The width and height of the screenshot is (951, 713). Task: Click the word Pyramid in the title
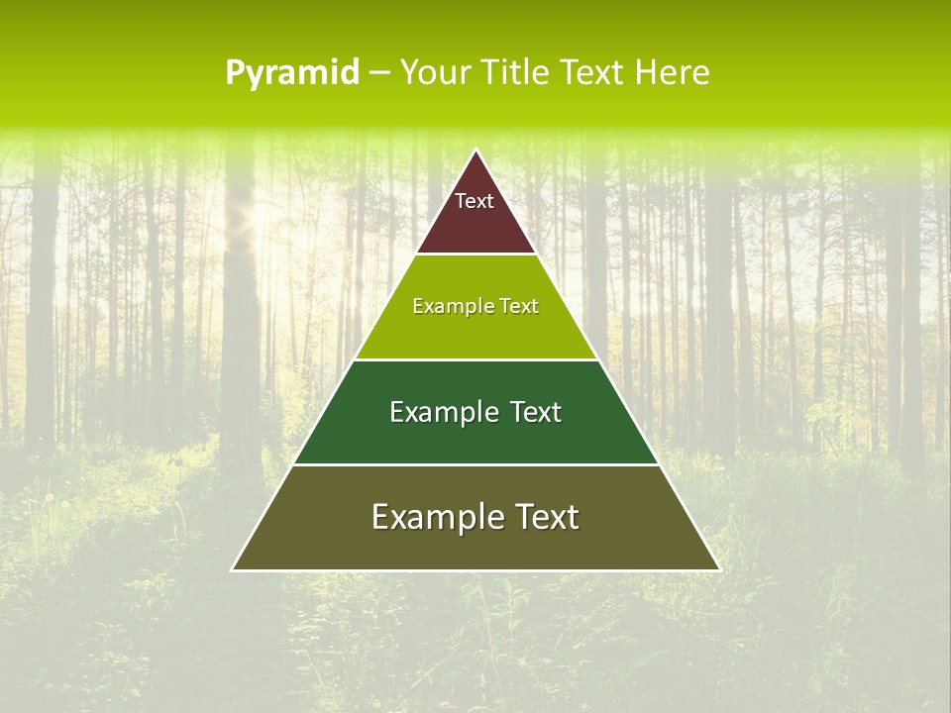pyautogui.click(x=292, y=73)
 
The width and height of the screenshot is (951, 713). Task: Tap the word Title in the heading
pyautogui.click(x=517, y=73)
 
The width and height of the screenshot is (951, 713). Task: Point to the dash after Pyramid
pyautogui.click(x=379, y=73)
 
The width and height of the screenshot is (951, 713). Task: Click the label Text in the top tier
pyautogui.click(x=475, y=201)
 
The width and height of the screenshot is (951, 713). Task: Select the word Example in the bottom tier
pyautogui.click(x=432, y=517)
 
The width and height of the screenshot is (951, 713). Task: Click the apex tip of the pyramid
pyautogui.click(x=476, y=152)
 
